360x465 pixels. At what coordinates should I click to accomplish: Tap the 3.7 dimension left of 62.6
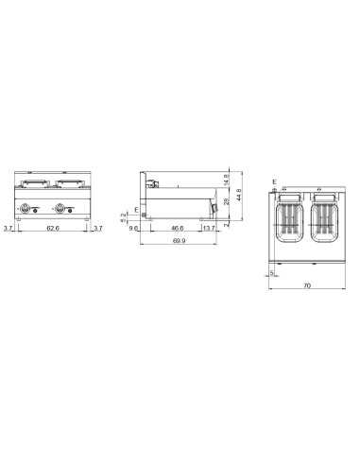9,227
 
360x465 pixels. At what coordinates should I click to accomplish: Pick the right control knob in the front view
63,210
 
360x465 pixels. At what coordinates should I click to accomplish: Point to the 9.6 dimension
137,228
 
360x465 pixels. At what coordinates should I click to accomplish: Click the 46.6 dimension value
177,228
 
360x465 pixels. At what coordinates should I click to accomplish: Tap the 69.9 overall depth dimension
179,241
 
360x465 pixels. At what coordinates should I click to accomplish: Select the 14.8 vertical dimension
227,180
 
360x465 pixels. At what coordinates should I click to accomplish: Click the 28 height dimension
227,202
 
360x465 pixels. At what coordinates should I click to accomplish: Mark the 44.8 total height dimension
240,194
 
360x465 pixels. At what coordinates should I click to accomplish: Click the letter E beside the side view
136,208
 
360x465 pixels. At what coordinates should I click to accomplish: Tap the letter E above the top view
273,181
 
